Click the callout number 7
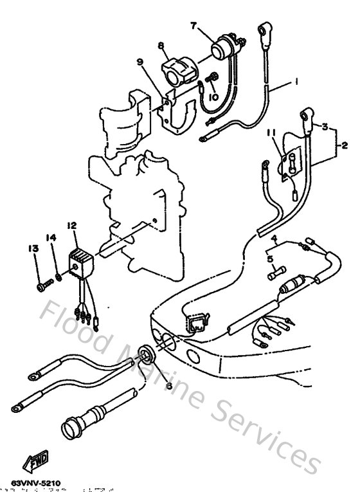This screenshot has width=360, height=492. (x=192, y=25)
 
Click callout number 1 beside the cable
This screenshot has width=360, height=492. (x=296, y=82)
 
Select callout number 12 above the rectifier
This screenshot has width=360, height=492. (x=71, y=225)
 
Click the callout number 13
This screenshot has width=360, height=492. (x=30, y=248)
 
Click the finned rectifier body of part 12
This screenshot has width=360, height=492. (x=80, y=261)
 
